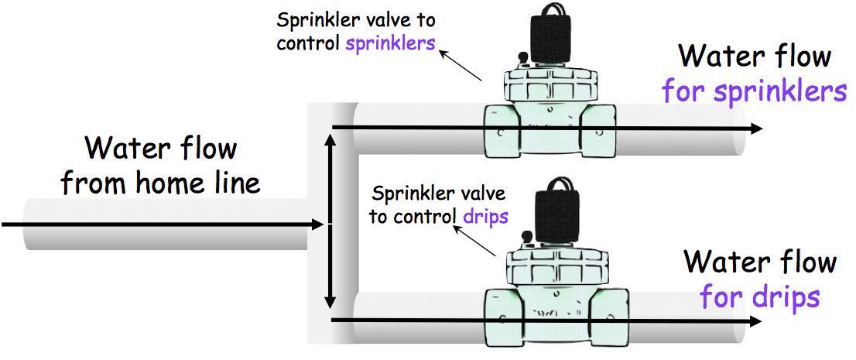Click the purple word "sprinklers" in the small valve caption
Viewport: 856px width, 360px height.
[390, 43]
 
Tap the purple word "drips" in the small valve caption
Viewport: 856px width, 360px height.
[485, 216]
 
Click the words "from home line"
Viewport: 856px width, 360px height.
[160, 183]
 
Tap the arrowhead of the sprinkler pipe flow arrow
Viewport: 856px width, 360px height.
[757, 129]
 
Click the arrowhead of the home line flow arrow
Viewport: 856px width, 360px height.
[319, 224]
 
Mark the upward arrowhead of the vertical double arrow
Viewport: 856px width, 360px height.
[329, 140]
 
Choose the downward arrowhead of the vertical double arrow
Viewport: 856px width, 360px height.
[329, 302]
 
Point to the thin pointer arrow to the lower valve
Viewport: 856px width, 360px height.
[474, 240]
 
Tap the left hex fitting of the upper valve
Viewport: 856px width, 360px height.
[502, 131]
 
